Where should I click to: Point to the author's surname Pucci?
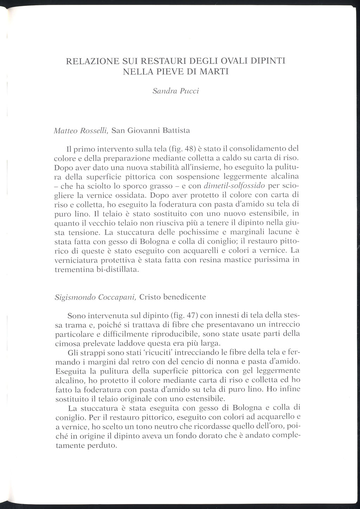190,91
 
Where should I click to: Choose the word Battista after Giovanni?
175,131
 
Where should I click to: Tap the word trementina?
73,270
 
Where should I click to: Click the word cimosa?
66,343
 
